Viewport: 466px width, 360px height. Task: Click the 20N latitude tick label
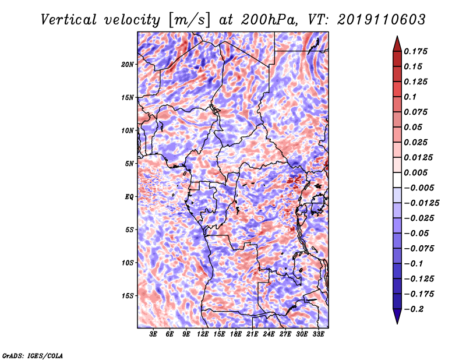tap(128, 65)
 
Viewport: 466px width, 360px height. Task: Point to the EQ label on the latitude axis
tap(129, 197)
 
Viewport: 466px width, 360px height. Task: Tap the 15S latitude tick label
tap(128, 296)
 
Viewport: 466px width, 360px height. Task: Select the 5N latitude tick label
tap(129, 164)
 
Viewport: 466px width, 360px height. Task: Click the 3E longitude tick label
tap(153, 334)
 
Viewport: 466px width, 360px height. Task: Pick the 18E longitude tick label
tap(236, 334)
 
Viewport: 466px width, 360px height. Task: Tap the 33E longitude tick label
tap(318, 334)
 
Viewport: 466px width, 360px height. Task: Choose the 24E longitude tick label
tap(269, 334)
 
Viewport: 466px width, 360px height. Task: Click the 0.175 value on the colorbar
tap(415, 51)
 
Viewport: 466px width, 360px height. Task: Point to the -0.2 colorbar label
tap(414, 309)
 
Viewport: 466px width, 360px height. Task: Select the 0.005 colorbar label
tap(415, 172)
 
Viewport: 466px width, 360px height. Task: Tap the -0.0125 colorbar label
tap(421, 203)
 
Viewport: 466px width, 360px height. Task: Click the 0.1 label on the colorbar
tap(410, 97)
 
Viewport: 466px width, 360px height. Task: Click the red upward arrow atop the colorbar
tap(397, 44)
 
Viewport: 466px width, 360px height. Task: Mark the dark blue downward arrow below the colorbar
tap(397, 316)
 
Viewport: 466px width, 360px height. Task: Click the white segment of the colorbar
tap(397, 180)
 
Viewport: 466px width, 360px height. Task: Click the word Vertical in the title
tap(69, 20)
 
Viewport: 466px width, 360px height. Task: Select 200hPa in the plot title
tap(269, 20)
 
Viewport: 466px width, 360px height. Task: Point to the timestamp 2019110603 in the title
tap(382, 20)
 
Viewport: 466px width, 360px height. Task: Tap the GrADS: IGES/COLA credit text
tap(33, 355)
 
